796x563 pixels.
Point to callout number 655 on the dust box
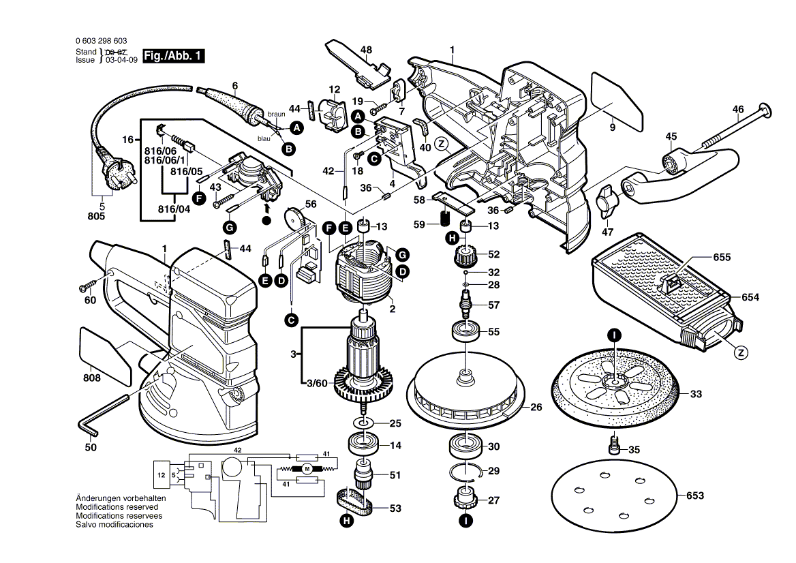pos(722,258)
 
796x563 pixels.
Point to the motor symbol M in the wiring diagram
pos(307,468)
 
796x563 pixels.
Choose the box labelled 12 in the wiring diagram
pos(162,474)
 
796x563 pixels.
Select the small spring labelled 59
pos(446,218)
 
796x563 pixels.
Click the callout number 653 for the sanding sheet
pos(694,496)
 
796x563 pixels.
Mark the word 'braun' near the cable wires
pos(276,114)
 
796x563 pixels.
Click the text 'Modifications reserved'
pos(117,508)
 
